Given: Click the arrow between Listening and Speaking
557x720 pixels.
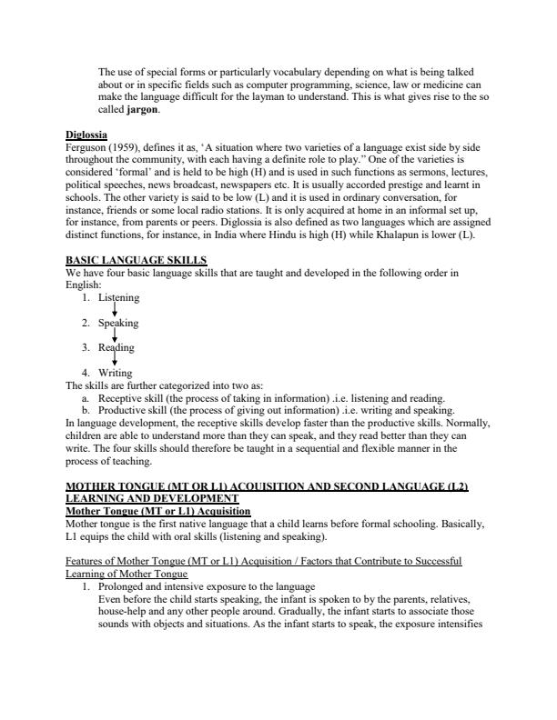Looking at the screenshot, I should [x=114, y=310].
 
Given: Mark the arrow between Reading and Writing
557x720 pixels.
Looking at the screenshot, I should [x=114, y=361].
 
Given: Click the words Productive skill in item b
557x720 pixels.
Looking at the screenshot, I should [x=133, y=410].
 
